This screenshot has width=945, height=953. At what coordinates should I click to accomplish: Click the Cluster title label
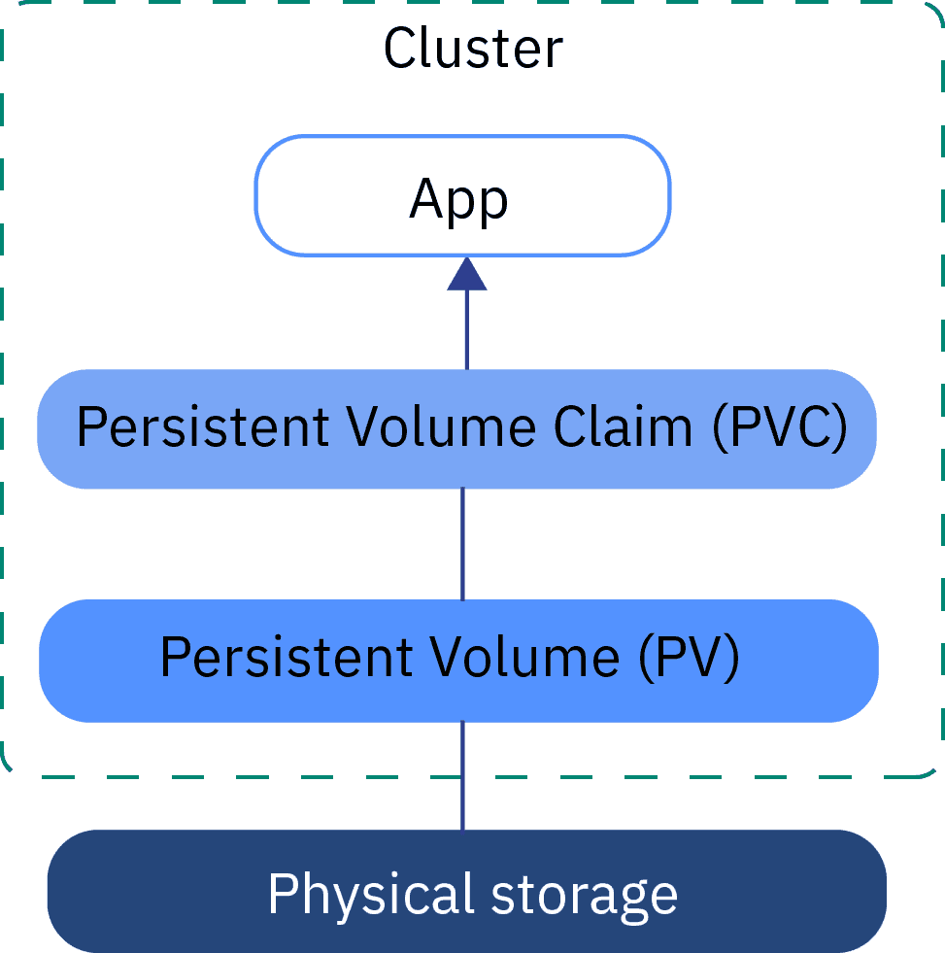(x=473, y=49)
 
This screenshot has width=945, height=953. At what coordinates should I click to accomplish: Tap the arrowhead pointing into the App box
(x=466, y=275)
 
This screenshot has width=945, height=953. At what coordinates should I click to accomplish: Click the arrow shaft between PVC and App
(x=466, y=330)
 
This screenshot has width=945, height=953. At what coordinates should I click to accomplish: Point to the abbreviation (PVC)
(x=779, y=427)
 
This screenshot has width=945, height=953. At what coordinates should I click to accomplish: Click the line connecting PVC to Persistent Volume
(x=462, y=543)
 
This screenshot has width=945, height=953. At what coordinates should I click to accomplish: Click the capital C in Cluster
(x=400, y=49)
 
